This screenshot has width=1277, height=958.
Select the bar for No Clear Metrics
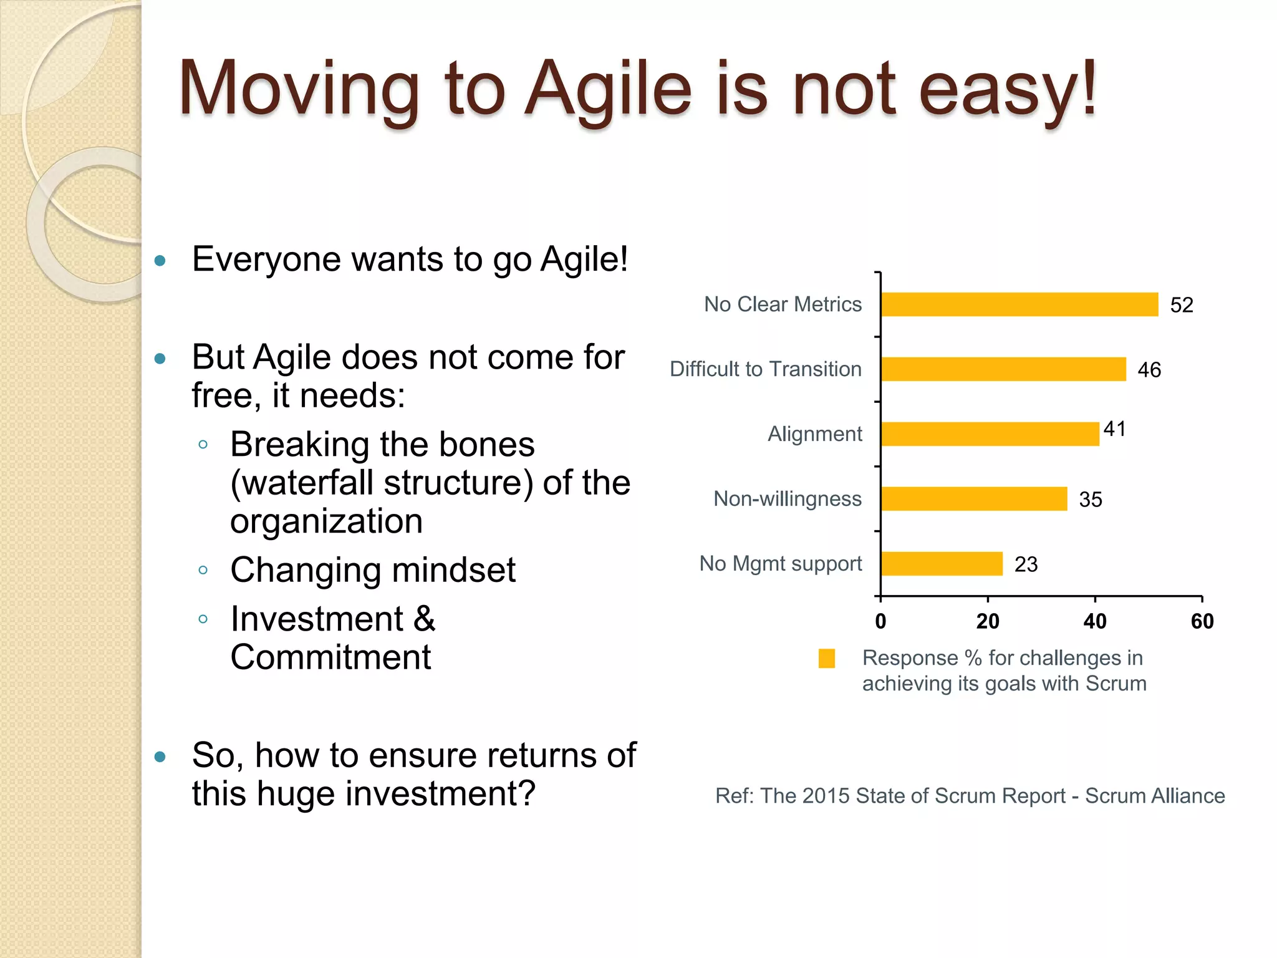[1019, 304]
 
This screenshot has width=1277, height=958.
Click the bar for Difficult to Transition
[1003, 369]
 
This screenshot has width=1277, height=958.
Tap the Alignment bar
[990, 434]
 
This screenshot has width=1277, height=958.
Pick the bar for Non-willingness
[974, 499]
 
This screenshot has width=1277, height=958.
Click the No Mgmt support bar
[942, 564]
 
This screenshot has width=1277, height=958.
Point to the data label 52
[1182, 305]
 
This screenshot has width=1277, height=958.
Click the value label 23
[1026, 564]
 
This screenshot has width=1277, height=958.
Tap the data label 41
[1114, 429]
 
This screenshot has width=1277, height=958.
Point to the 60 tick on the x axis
[1202, 621]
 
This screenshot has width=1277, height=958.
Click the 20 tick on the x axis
[988, 621]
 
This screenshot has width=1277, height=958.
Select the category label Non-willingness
[788, 499]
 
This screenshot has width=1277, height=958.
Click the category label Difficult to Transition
[766, 369]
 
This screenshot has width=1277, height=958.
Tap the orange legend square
[827, 659]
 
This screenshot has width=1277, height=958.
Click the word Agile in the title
[609, 90]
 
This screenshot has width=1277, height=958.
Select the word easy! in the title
[1007, 90]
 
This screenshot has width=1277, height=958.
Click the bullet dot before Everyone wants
[160, 261]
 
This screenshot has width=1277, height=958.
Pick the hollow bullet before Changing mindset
[203, 570]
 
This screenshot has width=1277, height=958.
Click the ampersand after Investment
[424, 619]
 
